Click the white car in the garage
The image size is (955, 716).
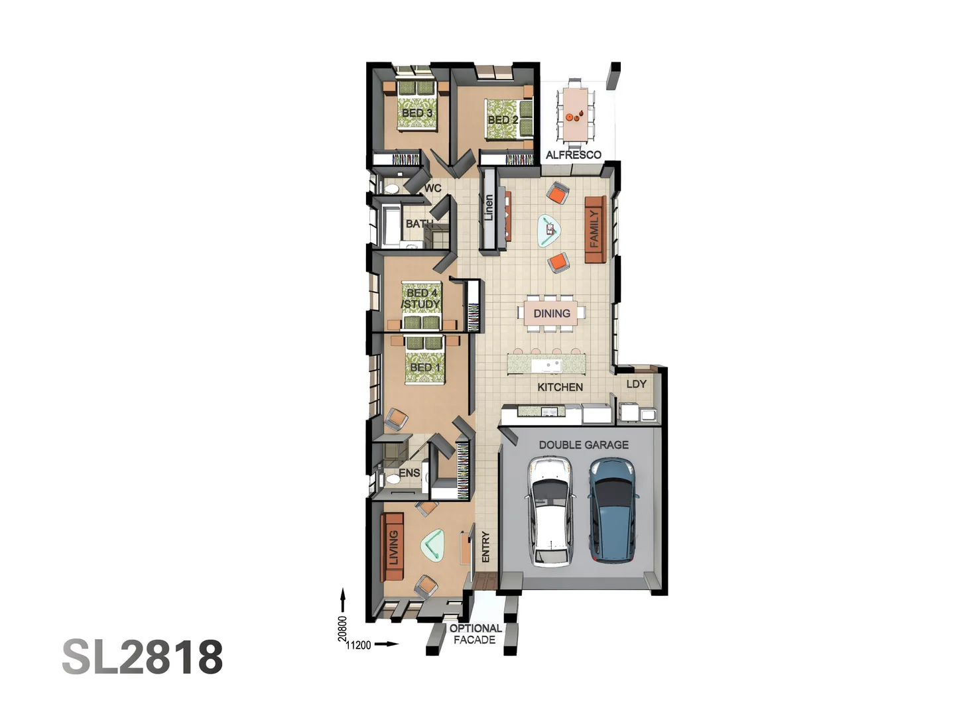click(x=549, y=511)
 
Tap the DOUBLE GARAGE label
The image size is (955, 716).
click(x=584, y=445)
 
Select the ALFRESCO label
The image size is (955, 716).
click(x=574, y=155)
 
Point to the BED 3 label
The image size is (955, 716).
click(x=417, y=113)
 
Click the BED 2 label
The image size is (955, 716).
click(x=503, y=120)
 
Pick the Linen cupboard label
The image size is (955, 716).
click(x=489, y=208)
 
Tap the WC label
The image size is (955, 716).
click(x=433, y=188)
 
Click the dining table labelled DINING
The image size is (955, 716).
click(x=552, y=314)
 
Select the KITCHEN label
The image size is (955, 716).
click(x=560, y=387)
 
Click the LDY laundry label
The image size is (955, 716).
click(x=636, y=384)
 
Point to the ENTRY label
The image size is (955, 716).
click(x=485, y=547)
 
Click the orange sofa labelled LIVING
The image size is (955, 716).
click(x=393, y=548)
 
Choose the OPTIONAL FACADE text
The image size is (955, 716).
click(x=476, y=634)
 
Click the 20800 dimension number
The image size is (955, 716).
click(x=342, y=628)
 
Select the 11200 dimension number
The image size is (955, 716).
click(x=359, y=645)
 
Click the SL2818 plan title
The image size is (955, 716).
click(x=143, y=657)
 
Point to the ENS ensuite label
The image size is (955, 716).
click(x=409, y=473)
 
